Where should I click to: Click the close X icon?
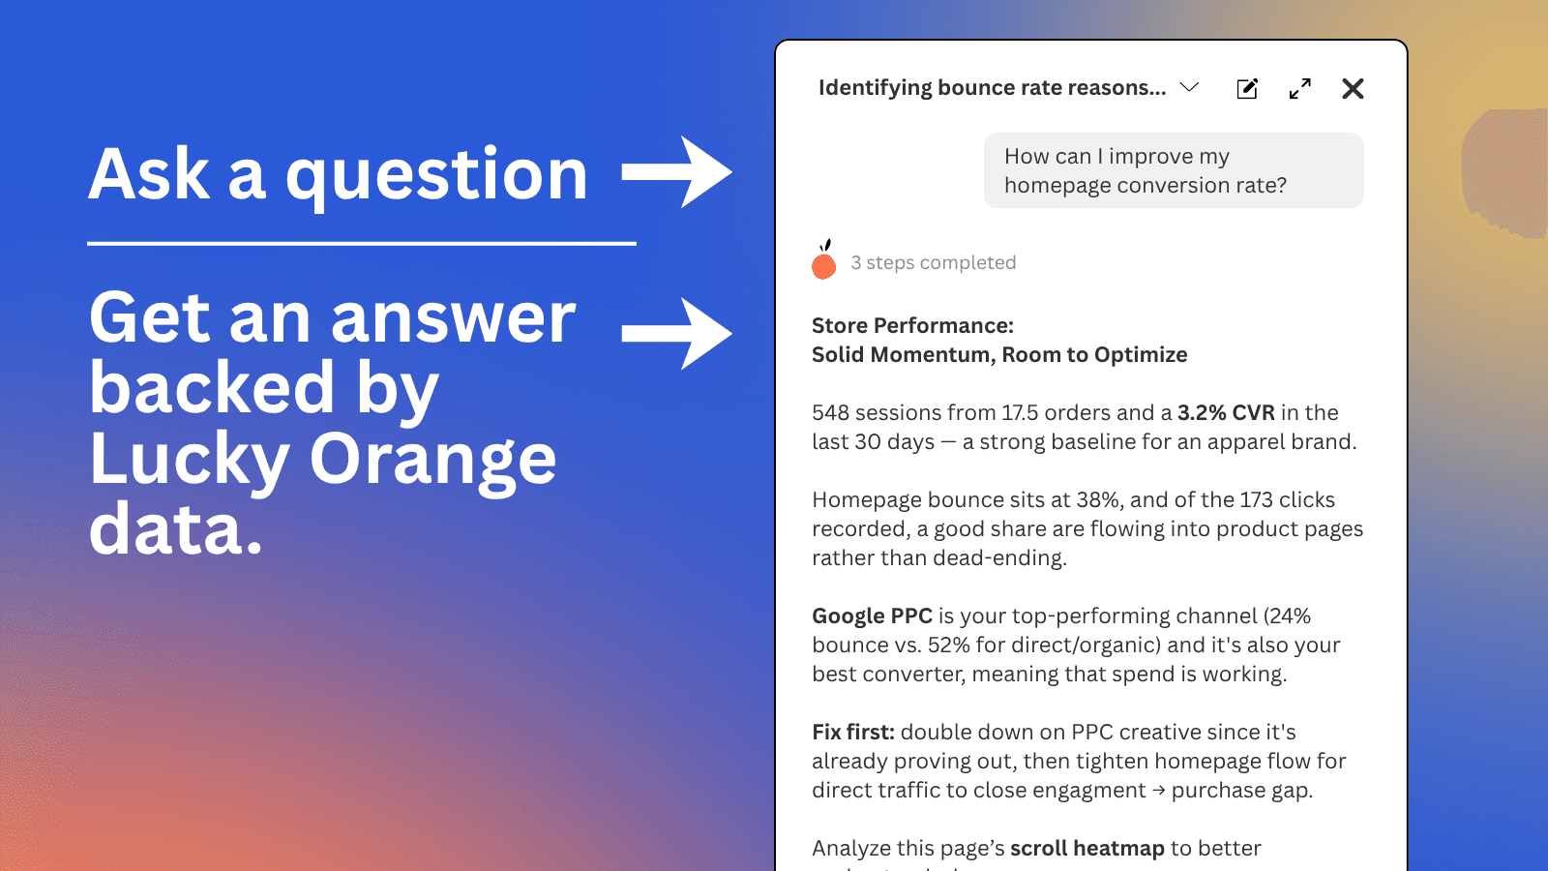1353,88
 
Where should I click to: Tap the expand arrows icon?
1300,88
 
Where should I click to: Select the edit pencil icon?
1247,88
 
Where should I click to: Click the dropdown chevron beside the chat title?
1189,87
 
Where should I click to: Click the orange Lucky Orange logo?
823,260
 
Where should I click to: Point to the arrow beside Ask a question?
677,172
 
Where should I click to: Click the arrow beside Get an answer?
677,334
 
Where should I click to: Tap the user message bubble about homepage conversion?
1174,170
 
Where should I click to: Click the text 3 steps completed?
933,262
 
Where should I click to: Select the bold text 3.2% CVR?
1226,412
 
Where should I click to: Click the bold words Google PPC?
872,616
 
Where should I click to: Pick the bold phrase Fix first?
852,732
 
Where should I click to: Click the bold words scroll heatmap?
1087,848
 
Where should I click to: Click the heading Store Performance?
912,325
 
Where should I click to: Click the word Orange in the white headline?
432,462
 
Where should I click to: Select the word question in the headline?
436,176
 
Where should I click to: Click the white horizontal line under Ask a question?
362,243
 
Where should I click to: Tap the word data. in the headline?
175,528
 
